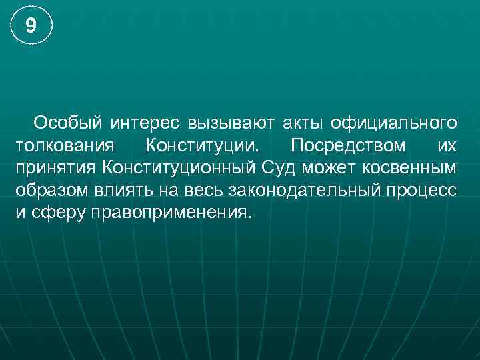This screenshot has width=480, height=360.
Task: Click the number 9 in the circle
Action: click(31, 27)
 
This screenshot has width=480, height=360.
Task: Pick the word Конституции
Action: click(202, 145)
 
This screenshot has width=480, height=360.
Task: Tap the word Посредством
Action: click(347, 145)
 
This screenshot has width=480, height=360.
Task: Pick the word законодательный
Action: click(305, 190)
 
